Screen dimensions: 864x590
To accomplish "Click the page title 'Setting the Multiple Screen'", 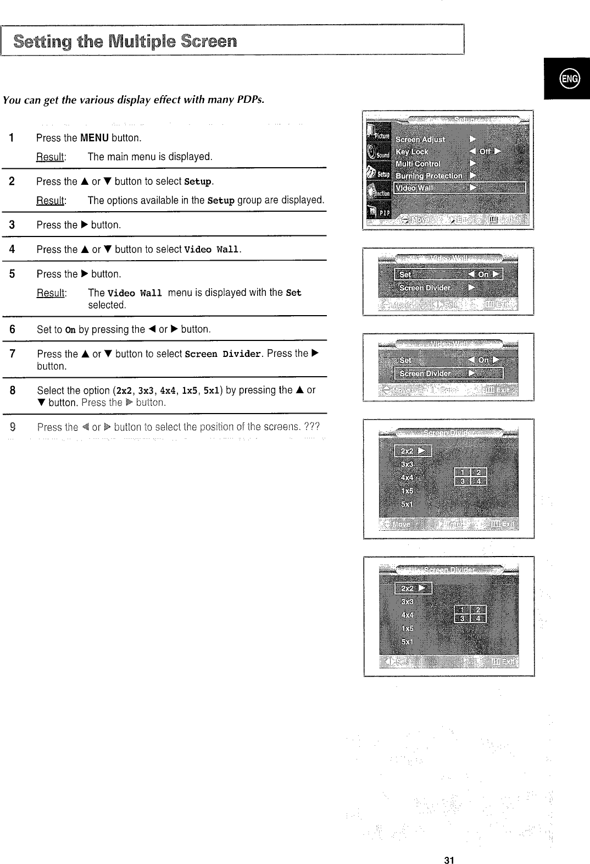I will click(125, 41).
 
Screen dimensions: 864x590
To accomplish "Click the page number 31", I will click(449, 845).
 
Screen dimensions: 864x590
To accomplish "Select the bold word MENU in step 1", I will click(94, 137).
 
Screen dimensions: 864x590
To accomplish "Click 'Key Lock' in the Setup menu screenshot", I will click(412, 152).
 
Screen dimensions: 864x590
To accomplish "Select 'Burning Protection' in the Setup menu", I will click(429, 176).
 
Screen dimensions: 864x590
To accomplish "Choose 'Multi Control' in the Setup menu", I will click(418, 164).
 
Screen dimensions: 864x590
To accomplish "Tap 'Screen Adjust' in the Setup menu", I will click(420, 140).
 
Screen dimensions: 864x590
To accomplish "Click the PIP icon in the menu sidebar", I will click(378, 212).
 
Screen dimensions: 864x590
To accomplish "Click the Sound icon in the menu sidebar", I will click(378, 153).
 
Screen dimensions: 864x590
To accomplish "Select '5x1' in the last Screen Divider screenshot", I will click(407, 641).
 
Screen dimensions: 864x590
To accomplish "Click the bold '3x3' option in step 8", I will click(145, 390).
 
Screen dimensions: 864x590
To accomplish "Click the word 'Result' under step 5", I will click(50, 293).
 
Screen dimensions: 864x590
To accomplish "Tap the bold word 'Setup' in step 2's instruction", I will click(198, 181).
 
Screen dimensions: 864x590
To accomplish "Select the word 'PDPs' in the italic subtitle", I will click(249, 100).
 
